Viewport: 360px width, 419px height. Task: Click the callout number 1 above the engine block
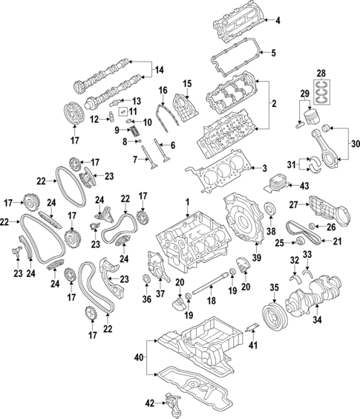188,202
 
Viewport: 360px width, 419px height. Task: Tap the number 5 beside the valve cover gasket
272,53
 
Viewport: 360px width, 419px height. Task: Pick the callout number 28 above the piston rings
321,72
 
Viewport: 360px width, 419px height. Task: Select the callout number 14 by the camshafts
159,71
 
